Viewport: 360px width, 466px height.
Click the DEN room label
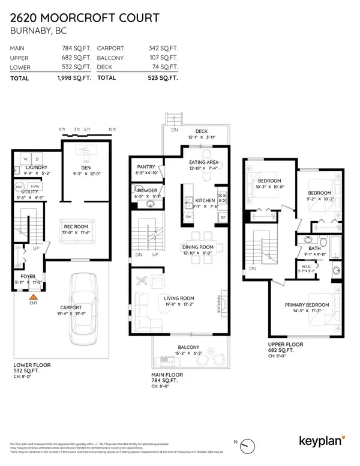click(x=85, y=168)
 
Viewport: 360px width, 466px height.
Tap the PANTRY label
click(x=146, y=167)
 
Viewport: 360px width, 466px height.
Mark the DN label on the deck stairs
click(x=174, y=129)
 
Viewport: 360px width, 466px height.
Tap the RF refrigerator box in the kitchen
click(x=223, y=217)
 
